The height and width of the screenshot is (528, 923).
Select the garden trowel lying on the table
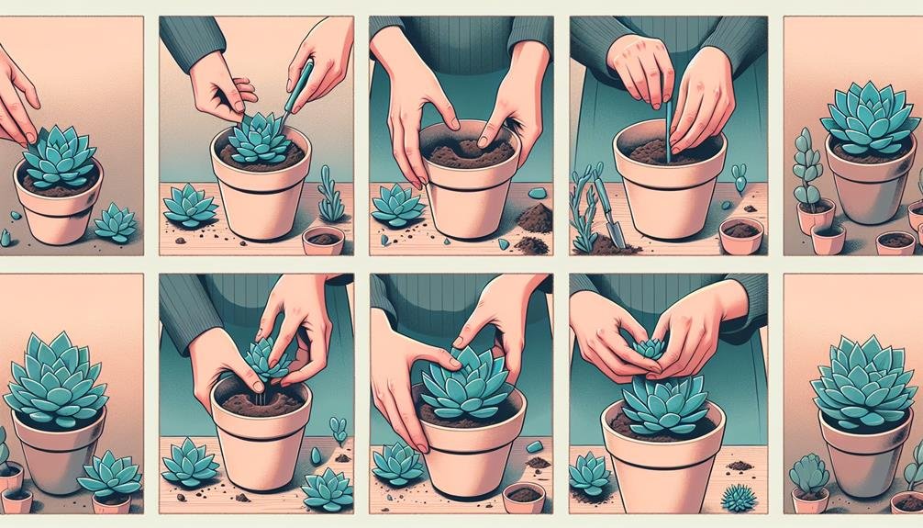pyautogui.click(x=606, y=211)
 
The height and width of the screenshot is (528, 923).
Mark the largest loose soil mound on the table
pyautogui.click(x=534, y=219)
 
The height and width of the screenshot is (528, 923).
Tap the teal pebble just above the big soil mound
pyautogui.click(x=539, y=191)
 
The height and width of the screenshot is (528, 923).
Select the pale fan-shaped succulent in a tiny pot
pyautogui.click(x=808, y=472)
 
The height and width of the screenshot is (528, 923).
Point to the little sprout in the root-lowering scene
pyautogui.click(x=339, y=429)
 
